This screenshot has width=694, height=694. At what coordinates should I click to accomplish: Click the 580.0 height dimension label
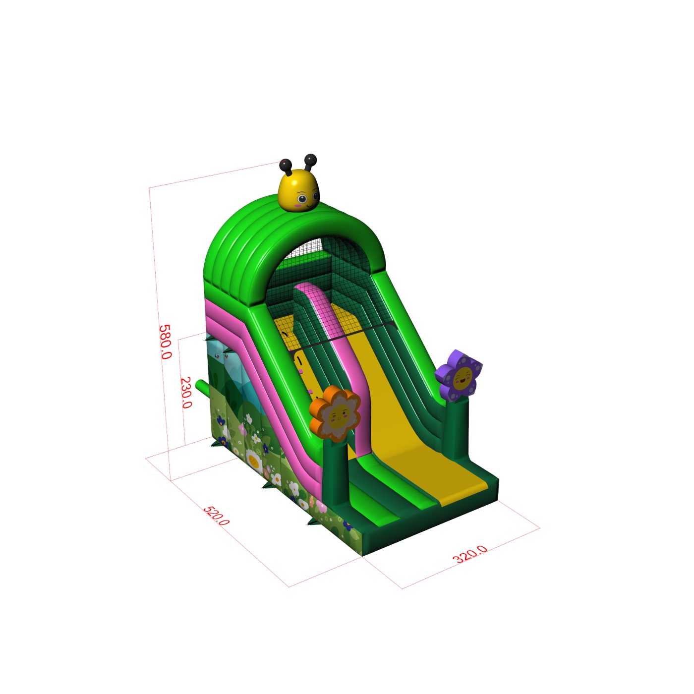click(165, 342)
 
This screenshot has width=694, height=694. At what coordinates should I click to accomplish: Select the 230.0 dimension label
click(186, 392)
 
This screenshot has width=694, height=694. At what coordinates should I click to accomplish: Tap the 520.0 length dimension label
click(216, 516)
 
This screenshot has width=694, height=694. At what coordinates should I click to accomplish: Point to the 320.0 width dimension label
click(470, 554)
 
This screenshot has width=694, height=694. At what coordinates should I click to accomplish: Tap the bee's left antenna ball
click(285, 165)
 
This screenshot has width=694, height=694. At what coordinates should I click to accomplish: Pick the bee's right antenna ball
click(310, 160)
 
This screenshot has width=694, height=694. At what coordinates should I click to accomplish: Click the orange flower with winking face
click(335, 413)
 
